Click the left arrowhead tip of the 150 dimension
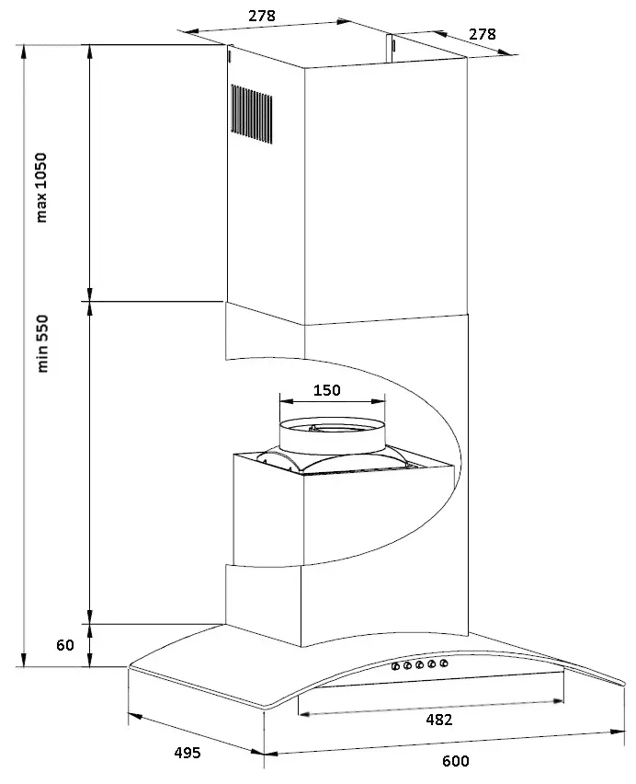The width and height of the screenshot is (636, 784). click(279, 401)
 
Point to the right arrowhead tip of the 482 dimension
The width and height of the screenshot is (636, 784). click(563, 701)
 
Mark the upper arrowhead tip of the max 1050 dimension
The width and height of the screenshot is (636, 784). click(89, 44)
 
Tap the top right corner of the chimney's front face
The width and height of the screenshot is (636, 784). click(467, 56)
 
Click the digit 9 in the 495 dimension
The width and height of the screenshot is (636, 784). click(187, 753)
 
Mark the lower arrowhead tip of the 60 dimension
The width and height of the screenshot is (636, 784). click(89, 666)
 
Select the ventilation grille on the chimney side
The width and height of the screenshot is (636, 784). click(252, 114)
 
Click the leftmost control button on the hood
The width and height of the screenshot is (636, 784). click(395, 666)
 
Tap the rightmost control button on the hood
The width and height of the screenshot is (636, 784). click(443, 663)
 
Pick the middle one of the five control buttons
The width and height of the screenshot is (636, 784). click(419, 665)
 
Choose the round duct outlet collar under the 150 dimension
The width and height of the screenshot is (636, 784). click(333, 436)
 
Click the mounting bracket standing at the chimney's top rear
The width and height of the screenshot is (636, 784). click(391, 48)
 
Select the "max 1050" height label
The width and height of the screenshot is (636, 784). click(41, 188)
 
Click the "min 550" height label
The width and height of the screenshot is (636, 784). click(42, 343)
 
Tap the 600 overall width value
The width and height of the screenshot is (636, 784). click(455, 761)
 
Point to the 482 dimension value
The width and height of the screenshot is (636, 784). click(438, 720)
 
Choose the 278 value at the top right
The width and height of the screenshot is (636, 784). click(483, 34)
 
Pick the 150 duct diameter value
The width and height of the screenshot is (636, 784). click(327, 390)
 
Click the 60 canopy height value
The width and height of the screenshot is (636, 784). click(65, 645)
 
